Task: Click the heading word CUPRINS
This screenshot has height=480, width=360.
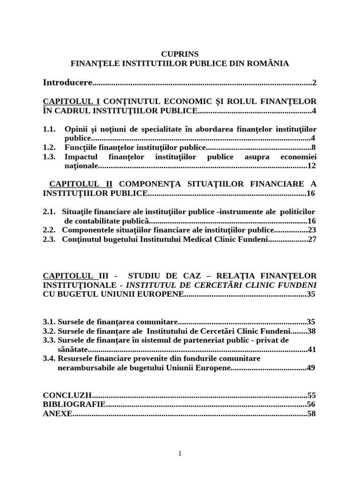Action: coord(180,54)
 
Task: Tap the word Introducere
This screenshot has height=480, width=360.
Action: coord(67,82)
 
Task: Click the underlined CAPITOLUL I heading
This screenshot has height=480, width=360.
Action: coord(71,101)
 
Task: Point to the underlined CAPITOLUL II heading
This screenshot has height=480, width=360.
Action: coord(81,184)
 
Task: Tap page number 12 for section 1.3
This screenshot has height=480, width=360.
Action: coord(312,165)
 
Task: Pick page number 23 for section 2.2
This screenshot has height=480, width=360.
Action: coord(312,230)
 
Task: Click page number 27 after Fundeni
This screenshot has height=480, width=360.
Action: coord(312,239)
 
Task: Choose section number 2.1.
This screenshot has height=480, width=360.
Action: coord(49,211)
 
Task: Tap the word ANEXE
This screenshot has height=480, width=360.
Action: coord(57,413)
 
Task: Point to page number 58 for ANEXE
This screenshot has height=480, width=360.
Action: coord(312,413)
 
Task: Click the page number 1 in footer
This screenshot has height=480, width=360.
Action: coord(180,453)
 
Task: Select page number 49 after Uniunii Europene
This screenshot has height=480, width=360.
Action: coord(311,367)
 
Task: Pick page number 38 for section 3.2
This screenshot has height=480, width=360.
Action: coord(311,331)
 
